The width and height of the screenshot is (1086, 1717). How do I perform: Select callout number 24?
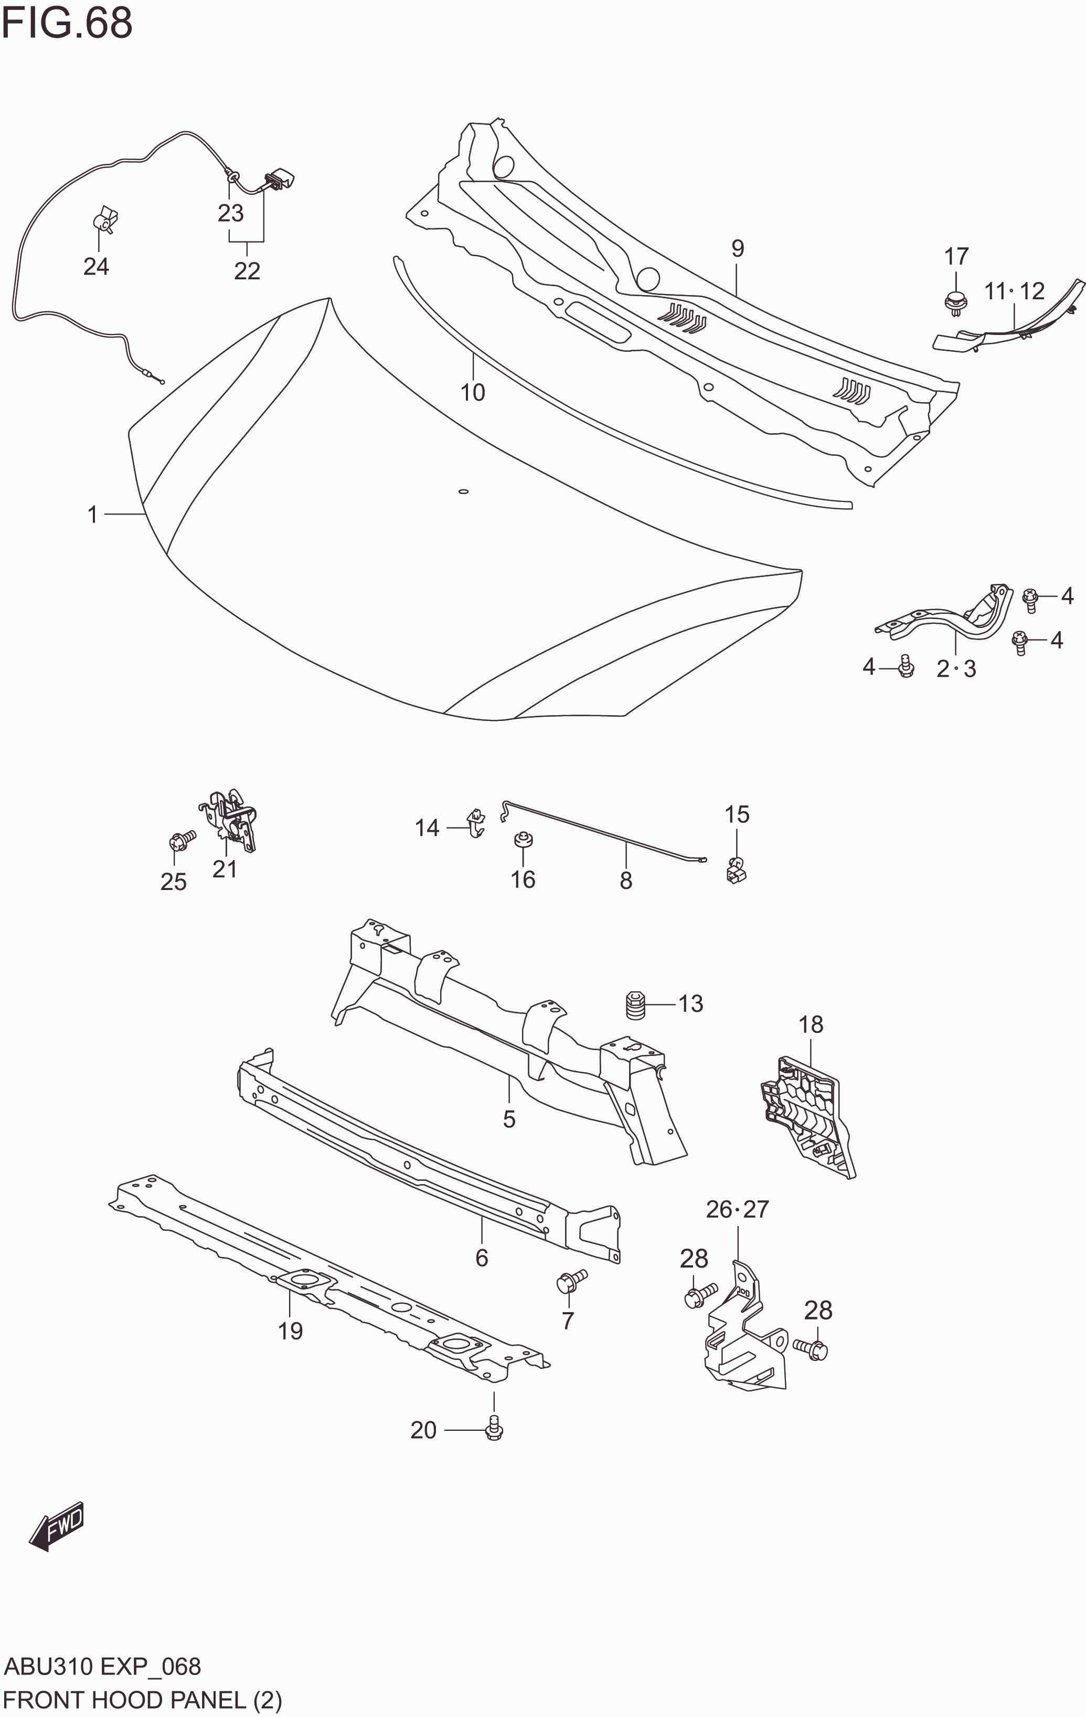point(96,266)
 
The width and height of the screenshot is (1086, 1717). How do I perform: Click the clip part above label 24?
point(105,219)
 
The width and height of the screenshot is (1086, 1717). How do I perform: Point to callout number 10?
point(473,392)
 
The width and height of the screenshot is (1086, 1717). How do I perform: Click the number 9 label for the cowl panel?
point(738,248)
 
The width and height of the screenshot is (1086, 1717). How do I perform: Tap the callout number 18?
point(811,1024)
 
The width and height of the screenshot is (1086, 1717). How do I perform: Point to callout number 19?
point(290,1331)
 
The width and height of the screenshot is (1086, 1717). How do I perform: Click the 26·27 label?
point(738,1209)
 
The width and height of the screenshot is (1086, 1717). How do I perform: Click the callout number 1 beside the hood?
point(92,514)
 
